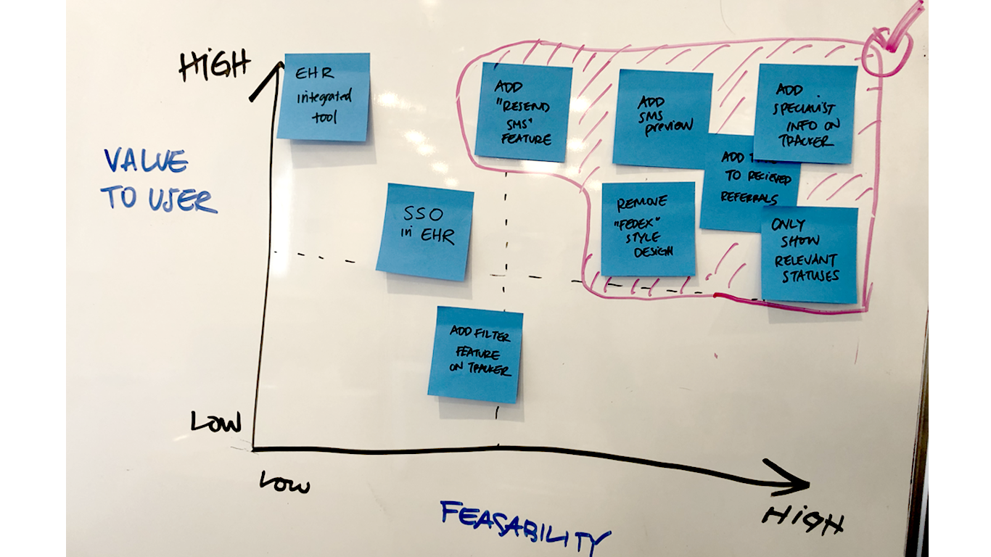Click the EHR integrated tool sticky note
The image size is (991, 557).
[324, 96]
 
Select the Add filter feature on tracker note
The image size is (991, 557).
[476, 354]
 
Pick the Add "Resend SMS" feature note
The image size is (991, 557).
[524, 112]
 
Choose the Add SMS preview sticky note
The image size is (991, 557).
[662, 117]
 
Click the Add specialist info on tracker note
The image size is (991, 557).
[805, 114]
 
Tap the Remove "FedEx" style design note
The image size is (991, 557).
[648, 228]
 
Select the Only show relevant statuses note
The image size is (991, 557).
[809, 254]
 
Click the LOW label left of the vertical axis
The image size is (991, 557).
[215, 421]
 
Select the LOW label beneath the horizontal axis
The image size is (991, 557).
[284, 482]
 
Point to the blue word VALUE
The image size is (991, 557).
[145, 161]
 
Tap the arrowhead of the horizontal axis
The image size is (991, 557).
[794, 482]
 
